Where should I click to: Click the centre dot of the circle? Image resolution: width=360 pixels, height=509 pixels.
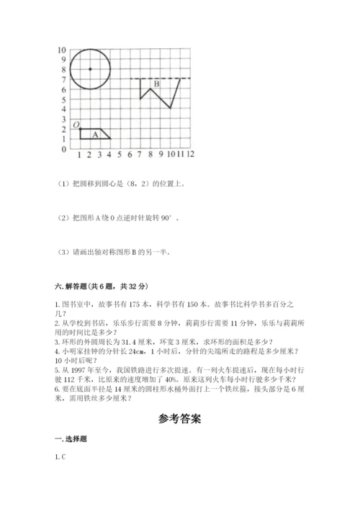[x=89, y=69]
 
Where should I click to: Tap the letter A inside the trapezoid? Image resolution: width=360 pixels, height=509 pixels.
[x=95, y=133]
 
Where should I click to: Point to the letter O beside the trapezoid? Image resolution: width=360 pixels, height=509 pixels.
[x=75, y=125]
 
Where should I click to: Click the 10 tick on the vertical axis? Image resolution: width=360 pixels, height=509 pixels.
[x=62, y=50]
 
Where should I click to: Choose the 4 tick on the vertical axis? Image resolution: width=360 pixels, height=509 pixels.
[x=63, y=109]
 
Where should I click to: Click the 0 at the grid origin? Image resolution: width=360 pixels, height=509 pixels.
[x=63, y=149]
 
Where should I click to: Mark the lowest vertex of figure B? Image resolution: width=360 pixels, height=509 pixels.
[x=170, y=108]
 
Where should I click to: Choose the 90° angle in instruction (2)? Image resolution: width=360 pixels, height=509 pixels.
[x=166, y=217]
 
